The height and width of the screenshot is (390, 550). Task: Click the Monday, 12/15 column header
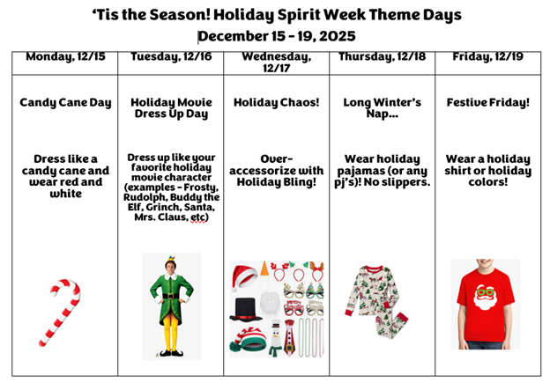(65, 57)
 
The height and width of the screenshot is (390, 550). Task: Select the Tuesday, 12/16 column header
(171, 57)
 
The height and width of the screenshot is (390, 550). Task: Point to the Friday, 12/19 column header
(487, 57)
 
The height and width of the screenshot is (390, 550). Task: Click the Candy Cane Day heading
(65, 102)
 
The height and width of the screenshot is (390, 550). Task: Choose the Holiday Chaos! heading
(275, 102)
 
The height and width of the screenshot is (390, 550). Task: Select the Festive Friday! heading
(487, 102)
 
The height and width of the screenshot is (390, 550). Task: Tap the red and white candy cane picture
(60, 312)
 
